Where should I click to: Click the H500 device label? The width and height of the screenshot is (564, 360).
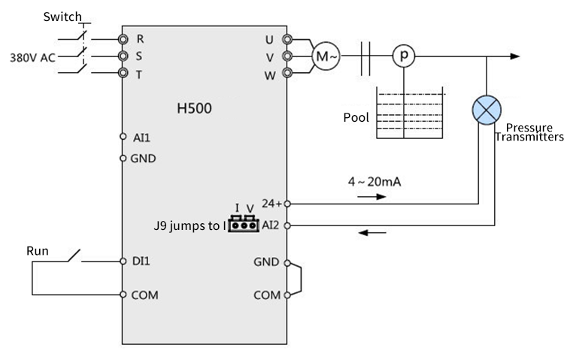194,107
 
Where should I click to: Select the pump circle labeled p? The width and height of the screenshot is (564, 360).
404,56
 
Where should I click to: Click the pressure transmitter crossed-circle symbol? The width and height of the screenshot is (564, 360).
486,110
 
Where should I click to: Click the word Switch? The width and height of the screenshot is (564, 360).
61,16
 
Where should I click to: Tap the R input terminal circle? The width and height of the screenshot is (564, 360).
123,38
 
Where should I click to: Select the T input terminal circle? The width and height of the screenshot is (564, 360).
123,73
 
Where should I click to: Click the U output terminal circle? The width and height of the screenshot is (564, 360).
287,38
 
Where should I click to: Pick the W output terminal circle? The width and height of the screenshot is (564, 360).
287,73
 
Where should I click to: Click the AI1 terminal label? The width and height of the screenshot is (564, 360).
141,138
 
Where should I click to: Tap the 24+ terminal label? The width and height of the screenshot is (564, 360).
270,203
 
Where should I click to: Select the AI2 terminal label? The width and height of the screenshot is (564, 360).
271,225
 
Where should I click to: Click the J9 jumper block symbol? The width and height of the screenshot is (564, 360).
244,224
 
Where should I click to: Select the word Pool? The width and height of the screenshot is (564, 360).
356,117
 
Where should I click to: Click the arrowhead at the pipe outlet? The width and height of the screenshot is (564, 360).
514,56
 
